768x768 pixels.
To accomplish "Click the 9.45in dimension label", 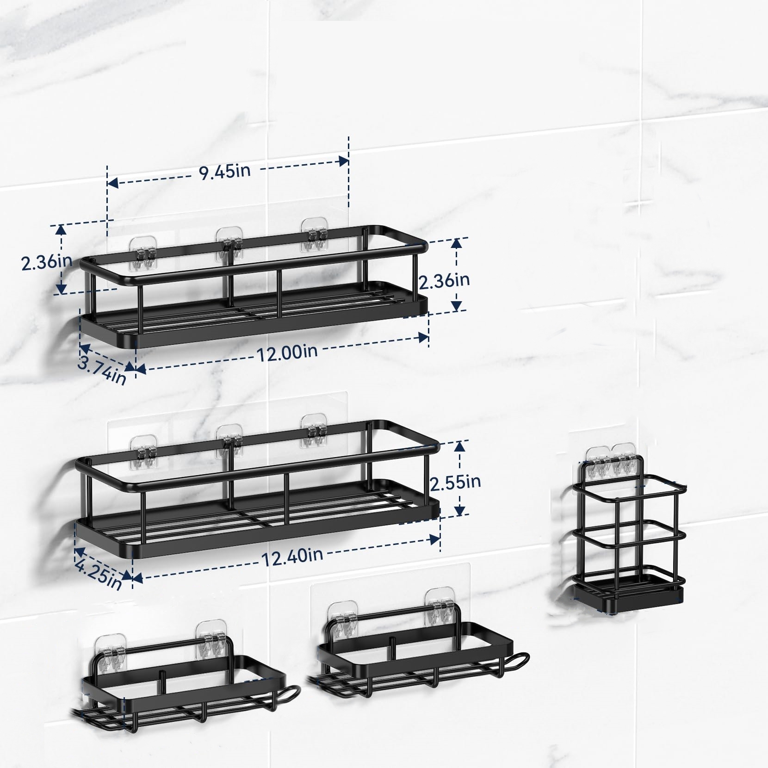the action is tap(225, 171).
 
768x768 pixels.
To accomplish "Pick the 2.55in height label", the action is tap(456, 482).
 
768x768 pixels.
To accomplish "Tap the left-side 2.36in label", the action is tap(47, 261).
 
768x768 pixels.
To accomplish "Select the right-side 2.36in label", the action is tap(444, 280).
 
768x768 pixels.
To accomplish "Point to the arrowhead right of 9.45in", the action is tap(344, 161).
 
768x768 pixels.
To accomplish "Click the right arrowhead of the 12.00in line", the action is tap(423, 337).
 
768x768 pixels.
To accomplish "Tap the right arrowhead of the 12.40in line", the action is tap(434, 539).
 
